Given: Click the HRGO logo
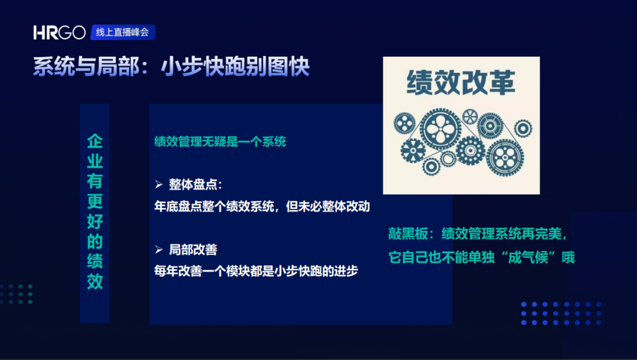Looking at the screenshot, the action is point(60,32).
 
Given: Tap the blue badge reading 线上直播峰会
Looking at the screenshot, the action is point(123,32).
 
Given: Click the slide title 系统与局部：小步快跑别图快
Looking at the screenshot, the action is point(171,67).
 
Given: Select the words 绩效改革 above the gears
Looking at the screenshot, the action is point(461,83).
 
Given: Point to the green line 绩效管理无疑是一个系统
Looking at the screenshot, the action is point(220,142).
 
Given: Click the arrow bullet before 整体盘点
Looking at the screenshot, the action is point(159,185).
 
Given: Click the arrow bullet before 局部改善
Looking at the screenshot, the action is point(159,250).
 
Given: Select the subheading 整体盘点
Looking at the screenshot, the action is point(193,185).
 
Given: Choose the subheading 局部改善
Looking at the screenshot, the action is point(193,250).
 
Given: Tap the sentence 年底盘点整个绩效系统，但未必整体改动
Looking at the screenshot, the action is point(262,207).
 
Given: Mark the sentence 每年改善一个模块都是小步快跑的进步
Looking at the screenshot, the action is point(256,271).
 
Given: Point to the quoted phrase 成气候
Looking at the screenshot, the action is point(531,257).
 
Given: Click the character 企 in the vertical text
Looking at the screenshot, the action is point(94,141).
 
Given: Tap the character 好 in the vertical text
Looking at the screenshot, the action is point(94,221).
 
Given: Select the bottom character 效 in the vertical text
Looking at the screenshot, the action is point(94,281).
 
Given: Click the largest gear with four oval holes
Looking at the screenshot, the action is point(440,129).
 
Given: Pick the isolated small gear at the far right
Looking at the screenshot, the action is point(523,129).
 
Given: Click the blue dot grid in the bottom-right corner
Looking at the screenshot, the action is point(561,313).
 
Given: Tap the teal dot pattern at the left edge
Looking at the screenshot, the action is point(17,294).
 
